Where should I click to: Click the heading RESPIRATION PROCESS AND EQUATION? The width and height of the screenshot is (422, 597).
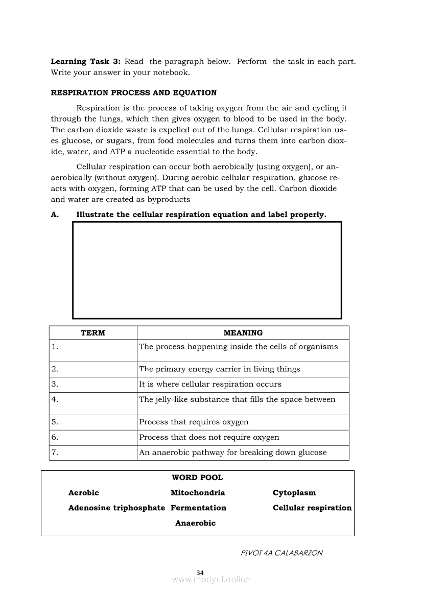coord(133,93)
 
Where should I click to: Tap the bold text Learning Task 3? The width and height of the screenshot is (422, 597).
coord(85,62)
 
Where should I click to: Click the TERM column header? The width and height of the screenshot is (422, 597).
coord(93,333)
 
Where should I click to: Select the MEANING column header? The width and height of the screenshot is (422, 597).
coord(243,333)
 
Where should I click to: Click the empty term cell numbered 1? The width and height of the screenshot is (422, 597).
coord(93,351)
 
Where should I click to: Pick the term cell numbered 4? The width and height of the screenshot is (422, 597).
coord(93,403)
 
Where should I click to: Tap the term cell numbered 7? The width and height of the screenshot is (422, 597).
coord(93,452)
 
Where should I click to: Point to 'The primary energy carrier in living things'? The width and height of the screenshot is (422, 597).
coord(219,369)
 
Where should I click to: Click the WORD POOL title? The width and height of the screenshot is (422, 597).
coord(197,478)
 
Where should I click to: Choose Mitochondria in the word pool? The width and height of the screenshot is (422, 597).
coord(198,493)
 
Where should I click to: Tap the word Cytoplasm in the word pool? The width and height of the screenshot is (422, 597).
coord(294,493)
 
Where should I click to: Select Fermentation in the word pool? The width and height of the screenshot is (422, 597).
coord(198,508)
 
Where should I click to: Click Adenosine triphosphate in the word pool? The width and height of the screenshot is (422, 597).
coord(116,508)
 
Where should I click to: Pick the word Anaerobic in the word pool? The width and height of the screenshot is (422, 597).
coord(195,523)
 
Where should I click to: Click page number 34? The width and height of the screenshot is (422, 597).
coord(200,572)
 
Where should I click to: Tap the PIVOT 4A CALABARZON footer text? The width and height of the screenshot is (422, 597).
coord(282,553)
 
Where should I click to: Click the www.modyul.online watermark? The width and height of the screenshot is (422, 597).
coord(211,580)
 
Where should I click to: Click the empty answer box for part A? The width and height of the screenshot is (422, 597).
coord(207,270)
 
